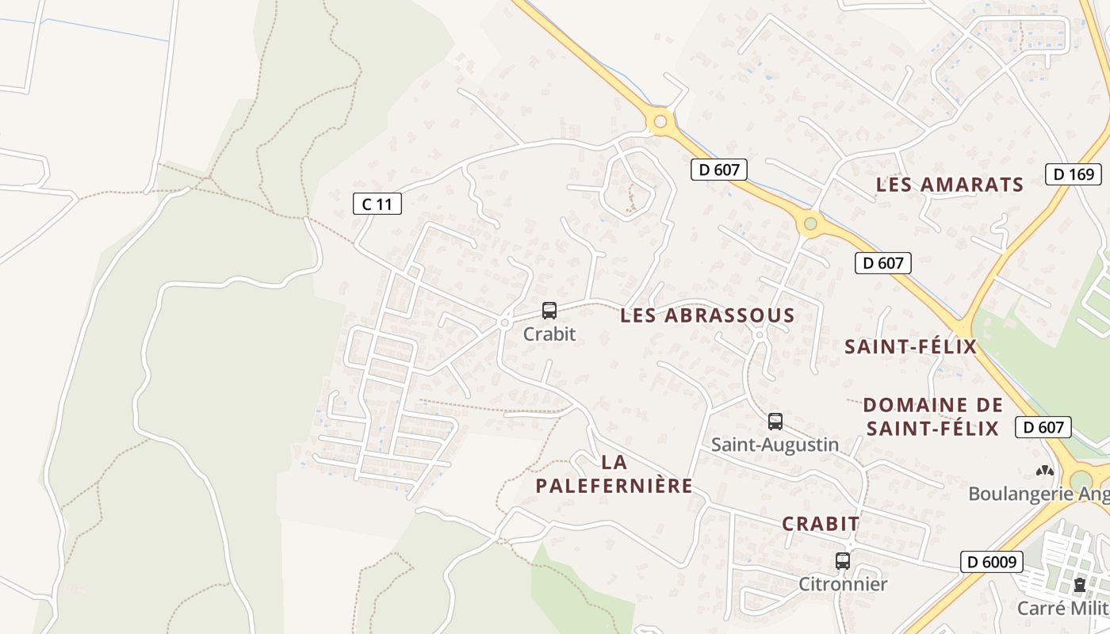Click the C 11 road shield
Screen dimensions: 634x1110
[377, 204]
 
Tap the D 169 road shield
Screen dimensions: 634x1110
[1074, 174]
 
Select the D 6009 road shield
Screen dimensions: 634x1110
[991, 562]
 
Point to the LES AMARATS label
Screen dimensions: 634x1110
[950, 185]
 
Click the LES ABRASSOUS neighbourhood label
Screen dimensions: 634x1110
[707, 315]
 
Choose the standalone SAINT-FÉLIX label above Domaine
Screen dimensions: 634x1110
[910, 346]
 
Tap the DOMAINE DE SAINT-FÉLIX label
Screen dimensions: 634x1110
[932, 417]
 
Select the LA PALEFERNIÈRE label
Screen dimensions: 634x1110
[614, 474]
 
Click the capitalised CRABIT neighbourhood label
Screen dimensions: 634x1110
[821, 524]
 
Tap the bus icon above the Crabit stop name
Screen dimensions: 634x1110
[549, 311]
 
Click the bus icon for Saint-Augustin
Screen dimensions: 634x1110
[775, 422]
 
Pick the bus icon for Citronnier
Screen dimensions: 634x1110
[843, 561]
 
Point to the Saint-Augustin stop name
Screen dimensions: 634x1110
[775, 445]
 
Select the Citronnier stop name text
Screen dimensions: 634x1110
[843, 585]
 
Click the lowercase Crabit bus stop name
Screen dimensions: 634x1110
[549, 334]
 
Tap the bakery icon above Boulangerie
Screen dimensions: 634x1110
[1045, 471]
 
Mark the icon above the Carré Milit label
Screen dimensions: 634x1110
[1079, 586]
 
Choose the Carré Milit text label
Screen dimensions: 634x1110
[1062, 609]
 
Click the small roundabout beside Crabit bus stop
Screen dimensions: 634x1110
[504, 323]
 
